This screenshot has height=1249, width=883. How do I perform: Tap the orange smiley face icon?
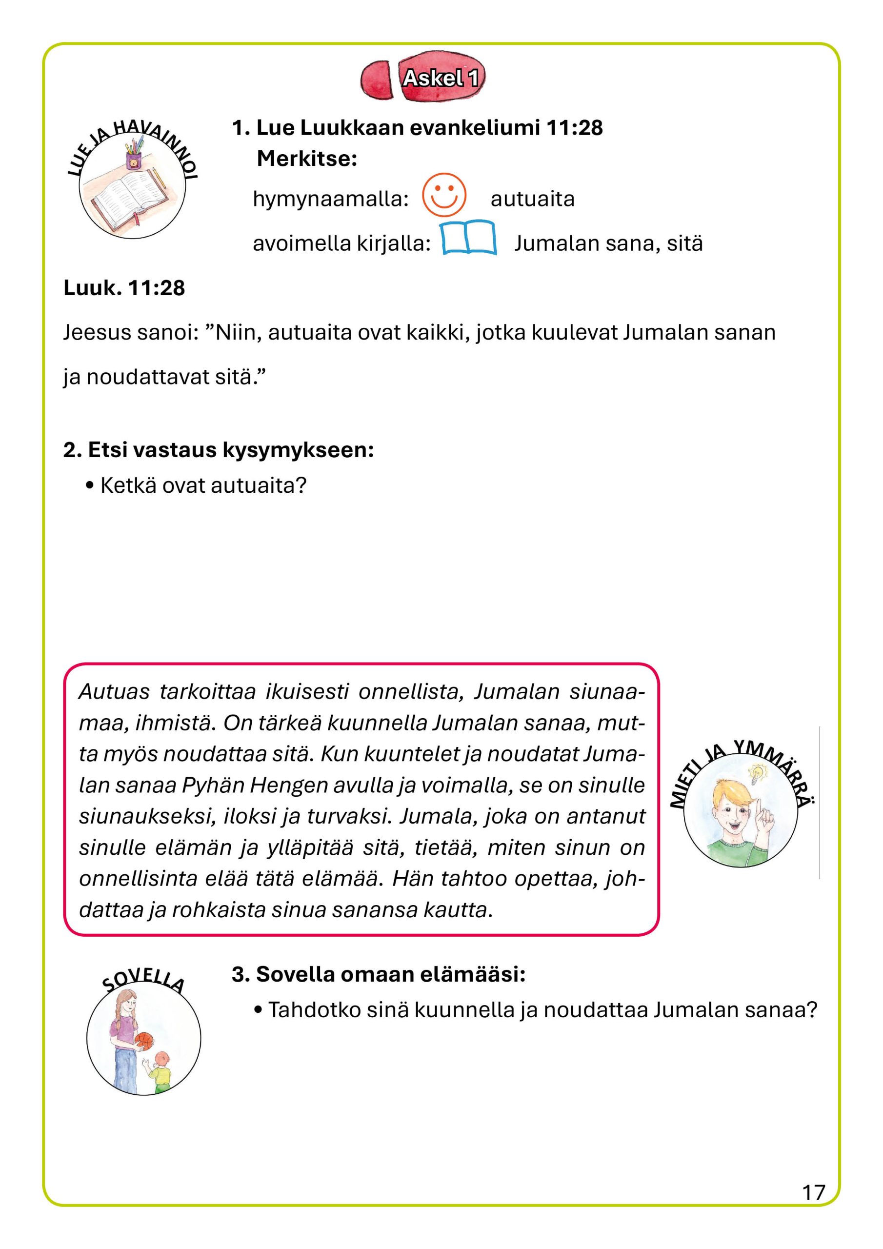click(x=444, y=195)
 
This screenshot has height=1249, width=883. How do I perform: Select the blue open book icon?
click(x=468, y=238)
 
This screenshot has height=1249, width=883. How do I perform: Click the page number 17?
click(x=813, y=1192)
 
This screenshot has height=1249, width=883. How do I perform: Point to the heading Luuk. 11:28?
click(x=124, y=288)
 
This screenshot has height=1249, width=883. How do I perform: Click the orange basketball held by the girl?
click(x=144, y=1041)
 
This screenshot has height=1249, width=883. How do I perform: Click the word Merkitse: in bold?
click(x=307, y=159)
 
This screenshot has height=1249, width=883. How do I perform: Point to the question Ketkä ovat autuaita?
click(x=203, y=485)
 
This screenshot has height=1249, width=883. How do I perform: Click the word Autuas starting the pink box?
click(x=114, y=692)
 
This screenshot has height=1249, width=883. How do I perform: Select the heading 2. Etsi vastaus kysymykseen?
click(x=219, y=450)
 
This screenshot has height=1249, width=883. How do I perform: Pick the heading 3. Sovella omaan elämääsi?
click(x=379, y=974)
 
